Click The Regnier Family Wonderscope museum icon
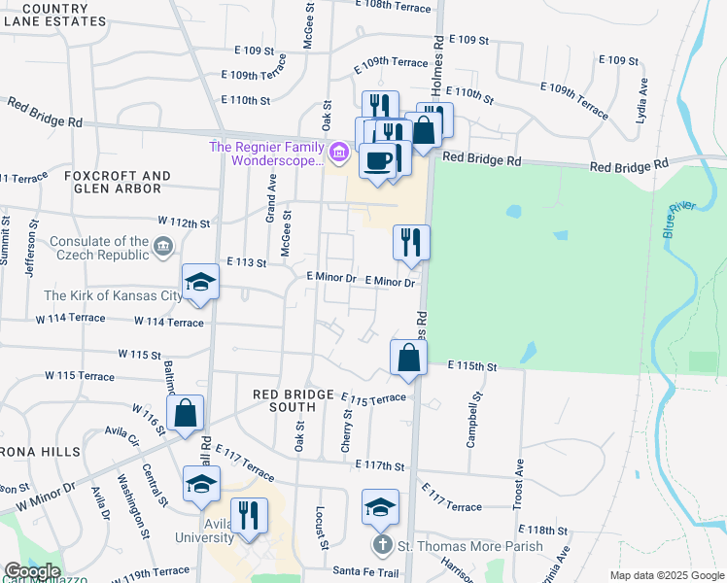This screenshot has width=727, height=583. [x=338, y=152]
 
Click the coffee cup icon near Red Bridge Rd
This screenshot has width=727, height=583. [x=379, y=160]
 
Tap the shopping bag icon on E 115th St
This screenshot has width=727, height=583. [x=409, y=357]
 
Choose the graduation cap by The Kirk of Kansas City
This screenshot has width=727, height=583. [x=201, y=283]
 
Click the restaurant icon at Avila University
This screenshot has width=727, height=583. [x=250, y=515]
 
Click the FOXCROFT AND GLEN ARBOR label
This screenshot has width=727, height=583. [x=118, y=182]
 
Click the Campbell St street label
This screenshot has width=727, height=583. [x=475, y=418]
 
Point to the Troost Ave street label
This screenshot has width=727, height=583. [x=519, y=484]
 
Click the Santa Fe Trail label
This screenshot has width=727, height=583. [x=366, y=570]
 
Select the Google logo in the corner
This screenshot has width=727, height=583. [x=32, y=571]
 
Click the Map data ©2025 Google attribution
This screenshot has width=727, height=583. [x=666, y=575]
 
